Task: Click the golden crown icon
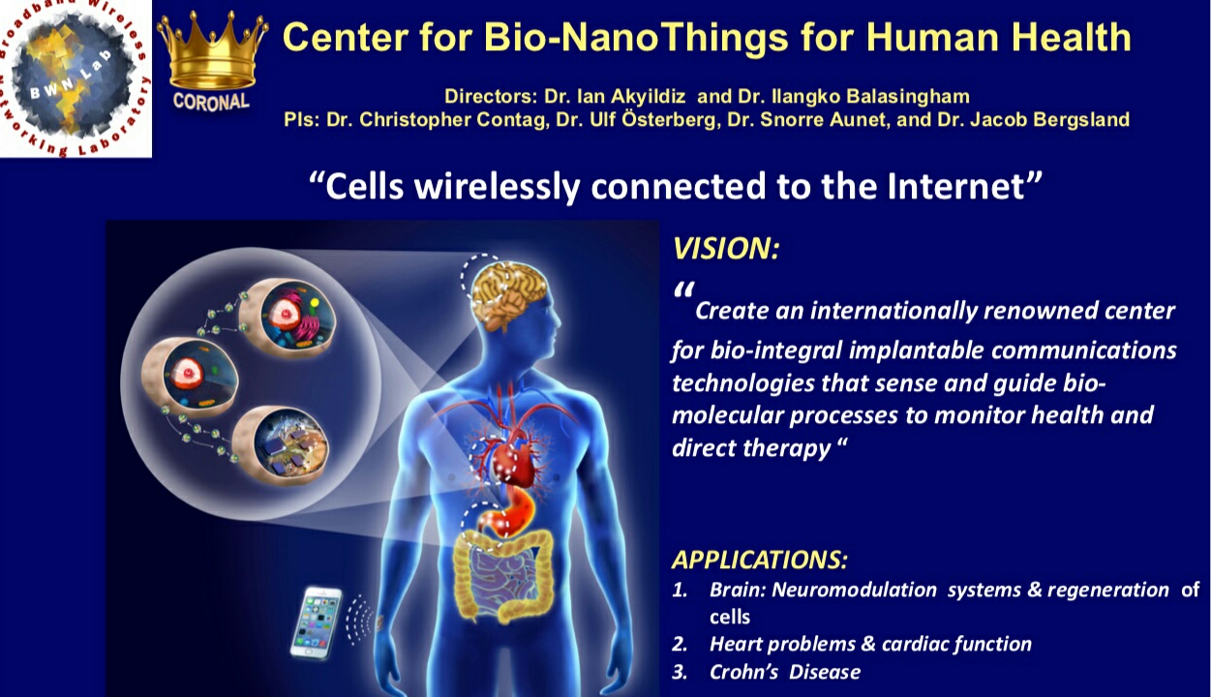point(212,51)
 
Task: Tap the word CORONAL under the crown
point(211,102)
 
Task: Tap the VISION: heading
point(725,249)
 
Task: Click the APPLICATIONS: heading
point(759,560)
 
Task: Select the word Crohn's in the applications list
point(743,672)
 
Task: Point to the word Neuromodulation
point(854,590)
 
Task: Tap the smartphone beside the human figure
point(317,622)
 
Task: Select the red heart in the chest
point(511,455)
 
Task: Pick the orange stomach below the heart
point(508,514)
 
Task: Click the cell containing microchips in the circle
point(282,445)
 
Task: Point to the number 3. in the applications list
point(681,672)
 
